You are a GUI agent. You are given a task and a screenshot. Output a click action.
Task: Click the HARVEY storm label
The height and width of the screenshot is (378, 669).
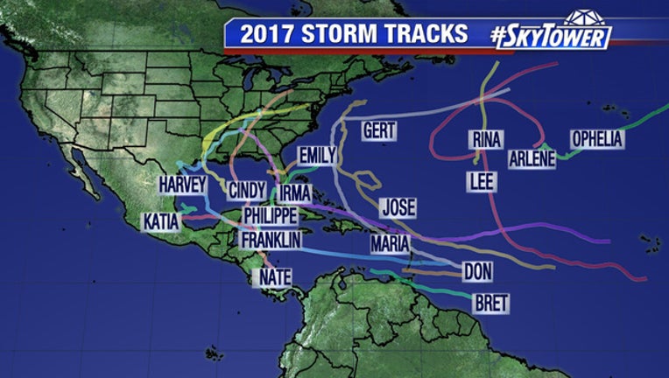point(182,185)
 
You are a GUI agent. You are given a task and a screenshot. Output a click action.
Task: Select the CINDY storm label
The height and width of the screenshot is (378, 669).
point(248,191)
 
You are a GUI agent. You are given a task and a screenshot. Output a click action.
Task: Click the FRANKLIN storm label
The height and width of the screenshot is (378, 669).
point(271,239)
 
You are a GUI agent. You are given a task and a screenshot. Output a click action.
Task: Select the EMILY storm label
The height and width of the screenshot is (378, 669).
point(317,156)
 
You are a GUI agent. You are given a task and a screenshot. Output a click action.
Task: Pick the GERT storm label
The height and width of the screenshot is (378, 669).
point(379,131)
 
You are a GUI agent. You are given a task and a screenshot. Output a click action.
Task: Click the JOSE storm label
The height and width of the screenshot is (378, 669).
point(398,207)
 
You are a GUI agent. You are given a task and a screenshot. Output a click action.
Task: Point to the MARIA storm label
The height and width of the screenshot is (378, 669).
point(390,243)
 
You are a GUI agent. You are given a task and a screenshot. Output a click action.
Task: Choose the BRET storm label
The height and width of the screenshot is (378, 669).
point(490,304)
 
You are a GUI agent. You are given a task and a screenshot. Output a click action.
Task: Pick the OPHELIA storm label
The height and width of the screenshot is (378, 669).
point(597,139)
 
